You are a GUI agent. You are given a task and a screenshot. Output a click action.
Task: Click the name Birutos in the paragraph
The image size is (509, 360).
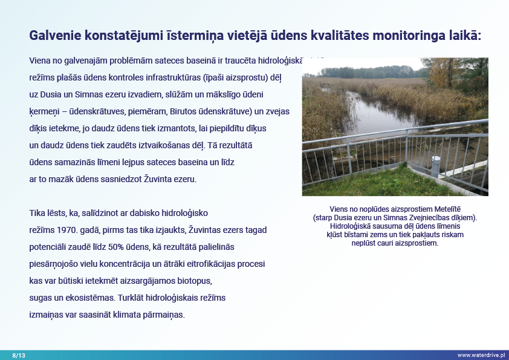tap(174, 112)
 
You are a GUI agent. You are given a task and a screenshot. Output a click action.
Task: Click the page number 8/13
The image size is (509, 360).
tap(19, 355)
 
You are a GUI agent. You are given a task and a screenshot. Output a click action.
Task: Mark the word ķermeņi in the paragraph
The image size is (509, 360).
tap(43, 112)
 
